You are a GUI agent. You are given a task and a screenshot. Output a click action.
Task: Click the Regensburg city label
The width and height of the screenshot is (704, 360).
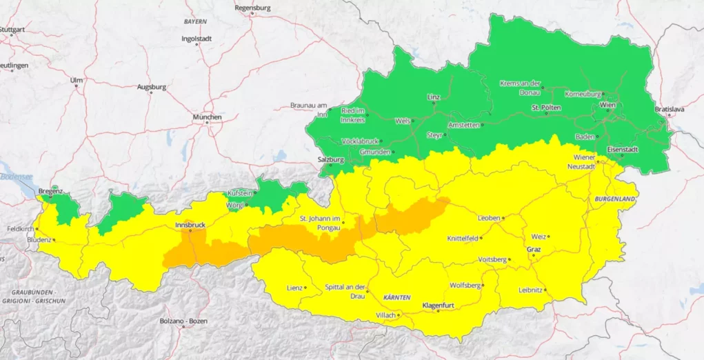[252, 8]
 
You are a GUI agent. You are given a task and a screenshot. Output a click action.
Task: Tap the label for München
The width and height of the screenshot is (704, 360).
[207, 117]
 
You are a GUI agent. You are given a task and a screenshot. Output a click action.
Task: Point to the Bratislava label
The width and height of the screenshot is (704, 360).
[669, 109]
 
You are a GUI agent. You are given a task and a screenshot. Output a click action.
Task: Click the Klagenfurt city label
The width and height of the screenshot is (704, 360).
[439, 304]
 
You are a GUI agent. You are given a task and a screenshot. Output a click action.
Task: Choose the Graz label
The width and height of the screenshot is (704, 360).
[534, 248]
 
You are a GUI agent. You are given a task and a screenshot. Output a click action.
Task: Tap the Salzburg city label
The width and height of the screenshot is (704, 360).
[330, 159]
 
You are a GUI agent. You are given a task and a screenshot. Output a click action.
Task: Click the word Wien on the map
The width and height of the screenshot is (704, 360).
[607, 106]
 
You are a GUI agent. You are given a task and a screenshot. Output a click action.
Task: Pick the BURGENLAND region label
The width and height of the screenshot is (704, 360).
[614, 199]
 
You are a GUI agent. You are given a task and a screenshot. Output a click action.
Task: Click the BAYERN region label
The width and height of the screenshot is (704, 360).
[195, 22]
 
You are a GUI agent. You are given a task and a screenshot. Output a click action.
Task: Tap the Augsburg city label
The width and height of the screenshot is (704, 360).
[152, 88]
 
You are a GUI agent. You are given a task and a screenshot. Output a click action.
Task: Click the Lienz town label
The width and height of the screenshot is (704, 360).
[294, 287]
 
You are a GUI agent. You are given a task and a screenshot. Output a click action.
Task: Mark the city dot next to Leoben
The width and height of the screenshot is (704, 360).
[503, 218]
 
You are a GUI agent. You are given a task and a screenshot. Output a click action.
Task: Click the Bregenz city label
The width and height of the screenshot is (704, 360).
[50, 190]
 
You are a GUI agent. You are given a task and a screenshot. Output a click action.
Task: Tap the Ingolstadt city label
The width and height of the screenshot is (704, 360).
[196, 39]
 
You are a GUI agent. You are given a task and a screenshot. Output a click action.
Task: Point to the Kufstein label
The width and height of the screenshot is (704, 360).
[239, 194]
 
